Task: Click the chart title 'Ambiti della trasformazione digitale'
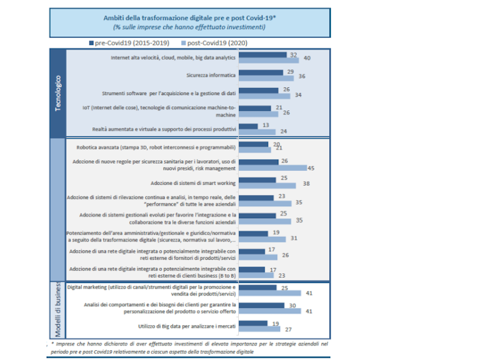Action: (189, 18)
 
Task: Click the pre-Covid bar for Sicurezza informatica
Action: (261, 72)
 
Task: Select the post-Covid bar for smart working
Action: (267, 185)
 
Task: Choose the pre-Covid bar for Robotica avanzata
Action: (253, 144)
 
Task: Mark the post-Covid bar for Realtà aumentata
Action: (258, 132)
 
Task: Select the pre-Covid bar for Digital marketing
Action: (258, 287)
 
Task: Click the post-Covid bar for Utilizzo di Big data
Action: (259, 330)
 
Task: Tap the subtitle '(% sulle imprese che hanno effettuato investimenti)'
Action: (189, 27)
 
